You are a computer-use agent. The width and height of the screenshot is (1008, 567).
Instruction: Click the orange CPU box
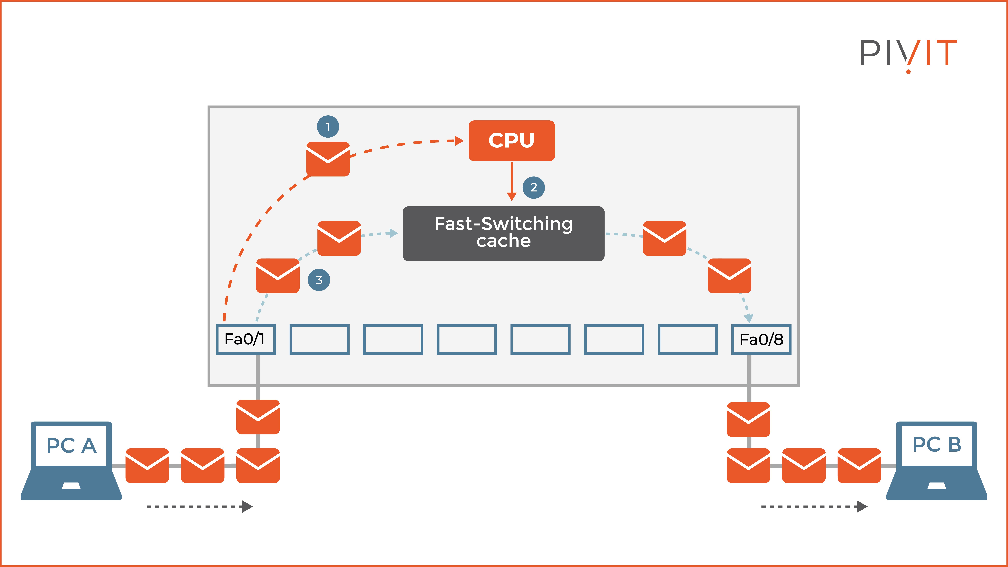(511, 140)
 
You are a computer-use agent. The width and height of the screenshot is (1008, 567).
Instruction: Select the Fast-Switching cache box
(504, 234)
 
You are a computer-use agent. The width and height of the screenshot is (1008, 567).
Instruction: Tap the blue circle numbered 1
(328, 126)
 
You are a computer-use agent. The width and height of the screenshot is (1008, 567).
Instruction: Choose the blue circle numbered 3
(319, 280)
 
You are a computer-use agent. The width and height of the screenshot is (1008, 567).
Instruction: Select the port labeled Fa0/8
(761, 339)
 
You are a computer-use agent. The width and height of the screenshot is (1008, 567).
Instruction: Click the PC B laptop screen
(937, 445)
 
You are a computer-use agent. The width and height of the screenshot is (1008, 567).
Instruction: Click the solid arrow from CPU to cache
(511, 180)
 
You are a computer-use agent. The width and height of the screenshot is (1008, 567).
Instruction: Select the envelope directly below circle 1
(328, 159)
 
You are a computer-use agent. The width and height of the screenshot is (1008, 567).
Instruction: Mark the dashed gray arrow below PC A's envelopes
(200, 506)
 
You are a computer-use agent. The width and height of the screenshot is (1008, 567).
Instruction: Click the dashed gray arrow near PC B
(814, 506)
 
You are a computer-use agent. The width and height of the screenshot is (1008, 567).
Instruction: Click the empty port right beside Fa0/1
(319, 339)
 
